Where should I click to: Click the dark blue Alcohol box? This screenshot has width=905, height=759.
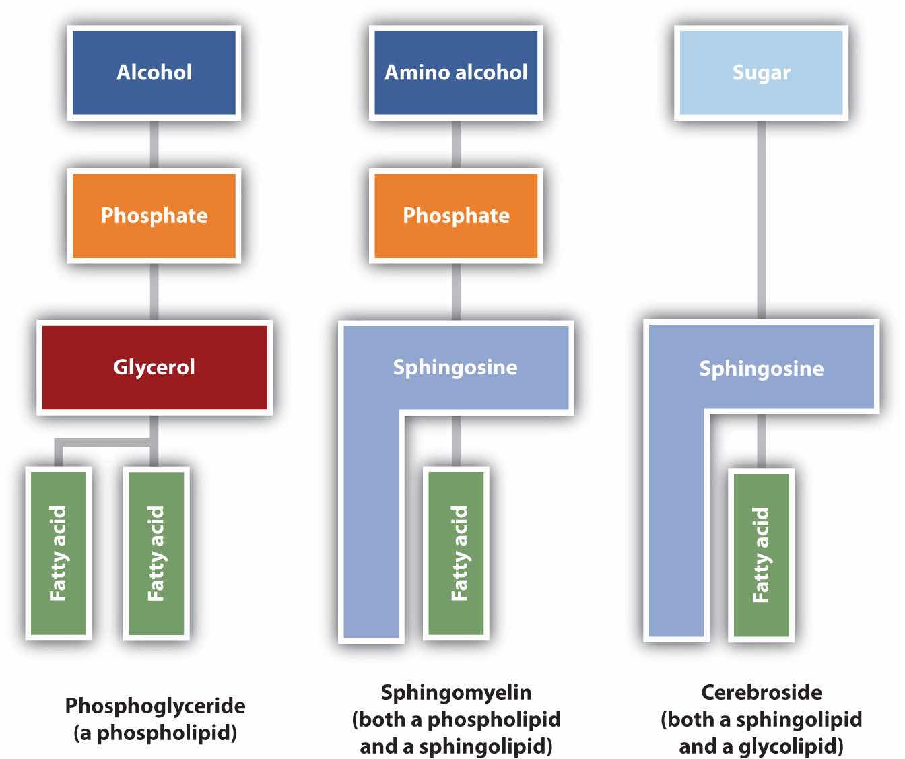click(x=154, y=73)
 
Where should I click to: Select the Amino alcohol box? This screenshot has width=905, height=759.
click(x=456, y=73)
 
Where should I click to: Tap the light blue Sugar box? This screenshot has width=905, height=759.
click(x=761, y=73)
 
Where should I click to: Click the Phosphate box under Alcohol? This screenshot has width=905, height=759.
click(x=154, y=216)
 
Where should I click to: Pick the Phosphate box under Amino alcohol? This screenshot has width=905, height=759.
click(x=456, y=216)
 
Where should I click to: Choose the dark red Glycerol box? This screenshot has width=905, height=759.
click(x=154, y=367)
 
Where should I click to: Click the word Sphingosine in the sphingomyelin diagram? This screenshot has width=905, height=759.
click(x=455, y=367)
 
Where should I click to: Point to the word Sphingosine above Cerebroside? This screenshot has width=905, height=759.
click(x=761, y=368)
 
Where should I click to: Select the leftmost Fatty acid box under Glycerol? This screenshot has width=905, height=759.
click(x=59, y=553)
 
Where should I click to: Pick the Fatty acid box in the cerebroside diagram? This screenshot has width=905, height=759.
click(x=761, y=554)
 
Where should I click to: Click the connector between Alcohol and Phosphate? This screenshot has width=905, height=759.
click(x=154, y=144)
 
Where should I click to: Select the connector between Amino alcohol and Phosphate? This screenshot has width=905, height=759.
click(x=456, y=144)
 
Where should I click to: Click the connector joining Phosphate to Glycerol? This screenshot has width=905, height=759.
click(x=154, y=292)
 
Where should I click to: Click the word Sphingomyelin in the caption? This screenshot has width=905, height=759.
click(x=456, y=692)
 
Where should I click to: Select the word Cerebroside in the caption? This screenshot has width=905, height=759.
click(x=761, y=692)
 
